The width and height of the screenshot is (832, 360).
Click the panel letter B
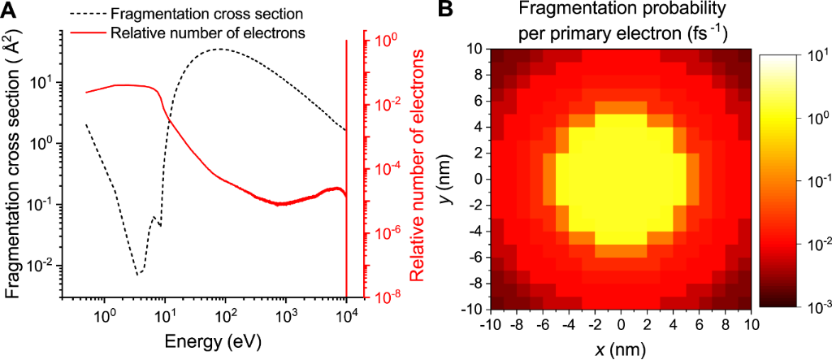pos(445,10)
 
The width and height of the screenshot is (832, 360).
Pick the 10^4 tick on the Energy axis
pos(346,310)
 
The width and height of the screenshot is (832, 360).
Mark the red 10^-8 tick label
pos(379,297)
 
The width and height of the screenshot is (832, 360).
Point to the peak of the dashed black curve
pos(220,49)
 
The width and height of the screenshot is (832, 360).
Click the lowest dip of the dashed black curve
pos(138,274)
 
